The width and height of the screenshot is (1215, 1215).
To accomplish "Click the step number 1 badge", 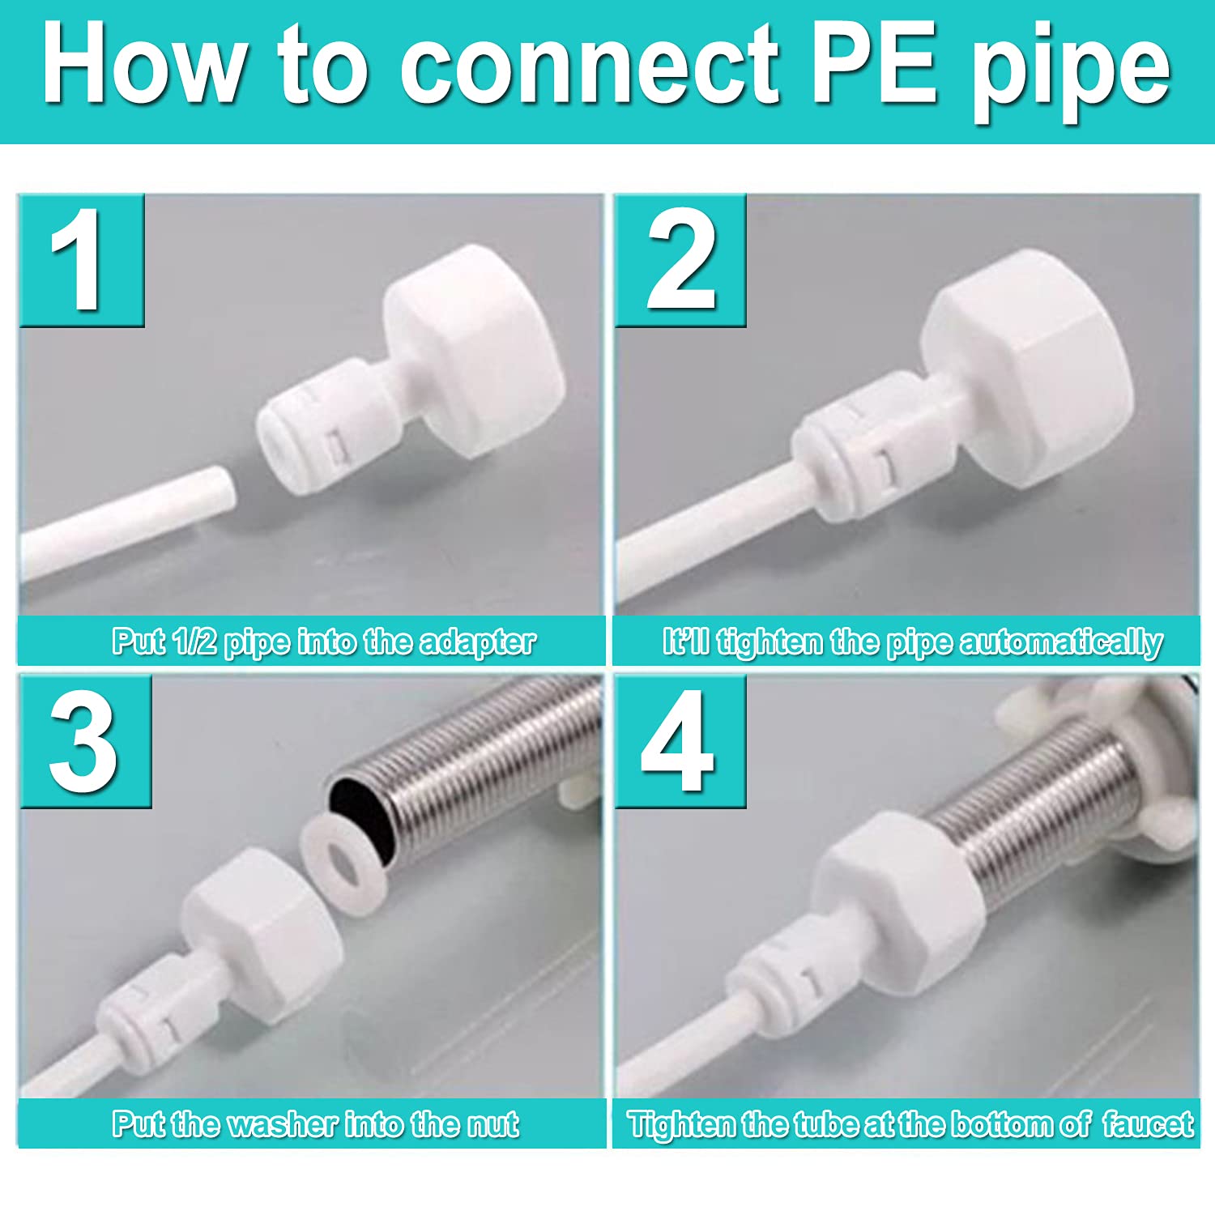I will [81, 260].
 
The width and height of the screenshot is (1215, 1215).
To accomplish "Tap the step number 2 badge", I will [680, 260].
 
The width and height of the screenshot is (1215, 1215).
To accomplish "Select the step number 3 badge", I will [85, 741].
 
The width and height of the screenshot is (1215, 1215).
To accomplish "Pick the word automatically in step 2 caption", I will [1061, 642].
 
